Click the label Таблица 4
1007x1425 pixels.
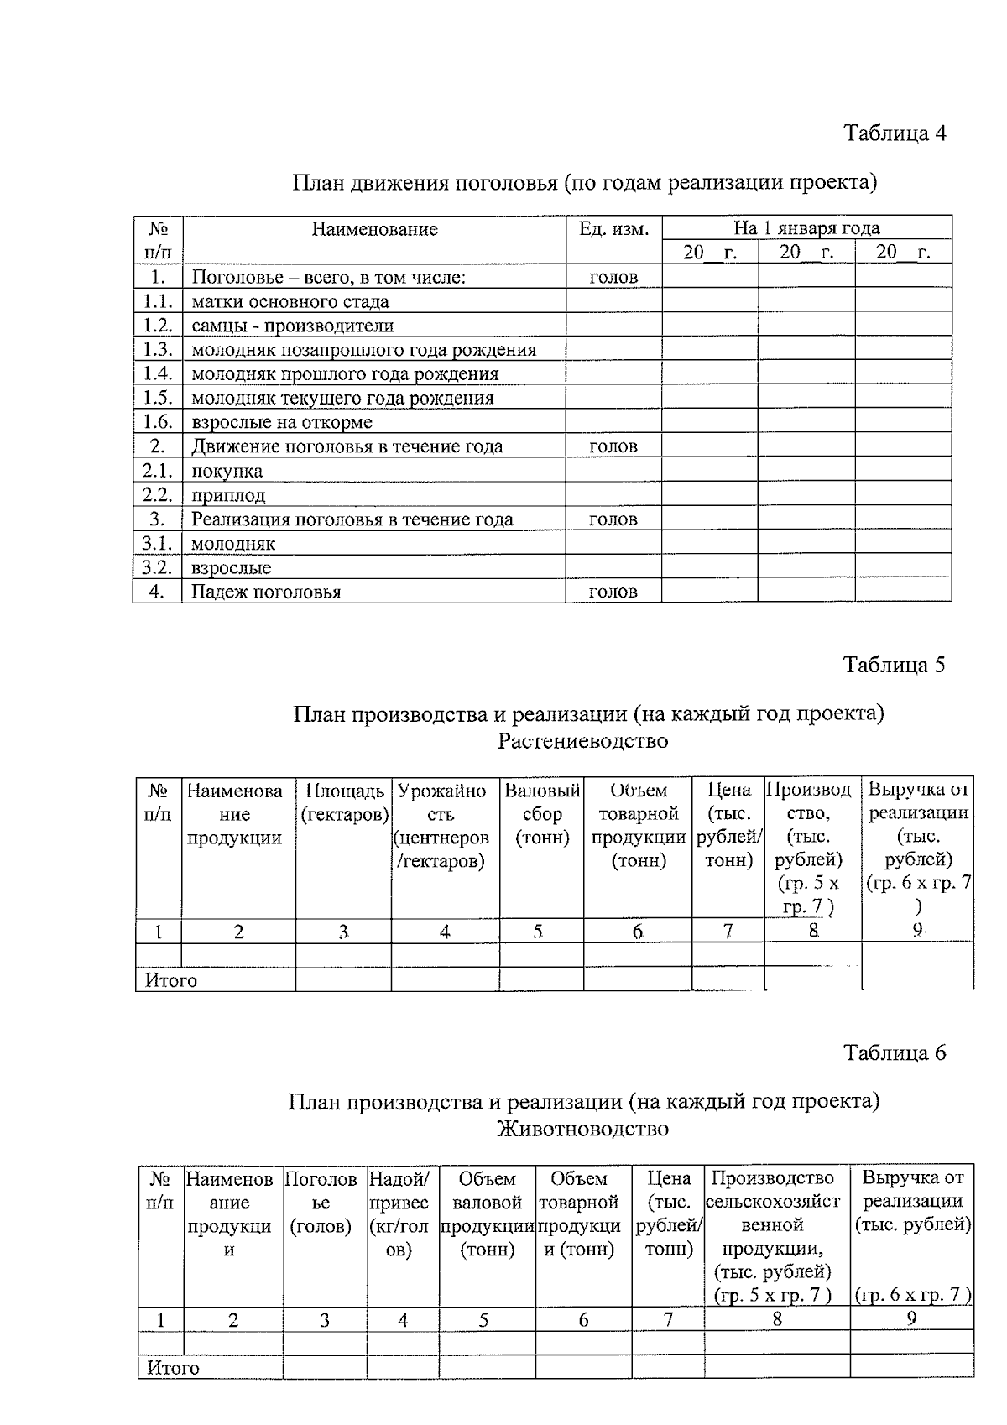[895, 133]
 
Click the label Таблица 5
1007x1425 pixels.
[895, 665]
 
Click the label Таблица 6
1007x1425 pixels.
[895, 1052]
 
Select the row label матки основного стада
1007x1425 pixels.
[290, 301]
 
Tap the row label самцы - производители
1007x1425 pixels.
[293, 326]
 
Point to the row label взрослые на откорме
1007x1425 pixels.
[282, 422]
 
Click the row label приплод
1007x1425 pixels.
[228, 495]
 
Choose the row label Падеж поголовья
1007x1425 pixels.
[266, 592]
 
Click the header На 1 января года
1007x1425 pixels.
[806, 227]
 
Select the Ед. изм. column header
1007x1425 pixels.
[614, 228]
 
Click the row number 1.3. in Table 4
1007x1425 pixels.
[158, 350]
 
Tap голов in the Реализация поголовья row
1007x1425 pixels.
[613, 519]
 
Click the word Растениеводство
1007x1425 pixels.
[583, 741]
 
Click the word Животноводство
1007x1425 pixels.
[583, 1129]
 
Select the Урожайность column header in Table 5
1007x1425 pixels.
[442, 826]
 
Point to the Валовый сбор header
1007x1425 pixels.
[542, 814]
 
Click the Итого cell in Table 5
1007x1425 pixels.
[171, 980]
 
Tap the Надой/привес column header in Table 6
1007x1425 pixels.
[403, 1214]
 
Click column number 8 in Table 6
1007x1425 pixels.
[777, 1319]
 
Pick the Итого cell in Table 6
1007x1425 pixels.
[174, 1368]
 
